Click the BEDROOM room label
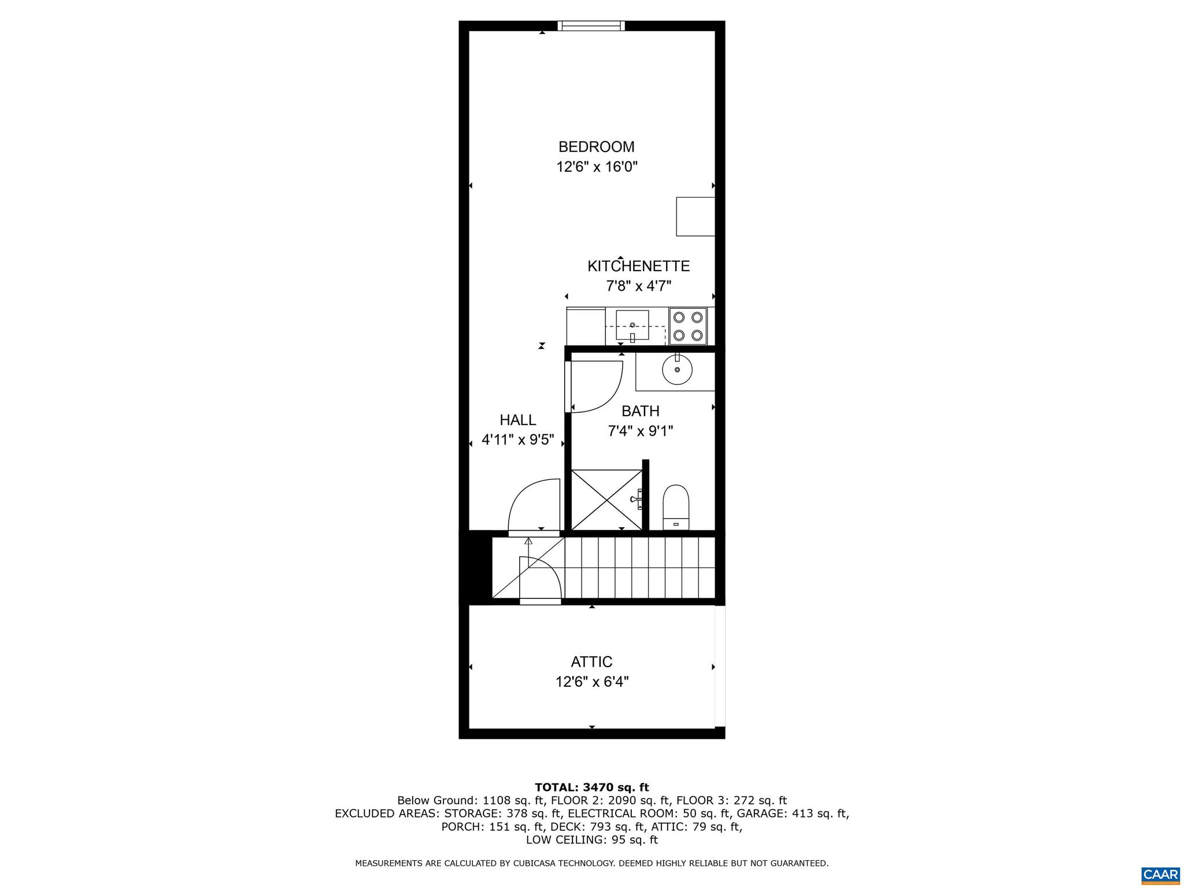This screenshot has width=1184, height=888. (596, 147)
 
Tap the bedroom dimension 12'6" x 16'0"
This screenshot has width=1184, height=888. (596, 167)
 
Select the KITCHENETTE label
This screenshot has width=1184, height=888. (638, 266)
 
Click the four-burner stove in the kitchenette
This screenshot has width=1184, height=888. (688, 326)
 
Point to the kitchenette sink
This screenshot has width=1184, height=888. (632, 325)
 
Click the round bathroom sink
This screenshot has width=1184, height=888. (677, 369)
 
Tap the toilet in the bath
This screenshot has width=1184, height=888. (676, 507)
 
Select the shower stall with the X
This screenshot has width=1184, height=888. (606, 499)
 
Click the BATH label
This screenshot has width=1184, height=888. (640, 411)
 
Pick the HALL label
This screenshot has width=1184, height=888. (517, 420)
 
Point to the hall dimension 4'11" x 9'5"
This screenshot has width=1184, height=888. (517, 440)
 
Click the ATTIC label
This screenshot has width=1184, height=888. (591, 661)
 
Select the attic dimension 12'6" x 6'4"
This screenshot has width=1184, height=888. (591, 682)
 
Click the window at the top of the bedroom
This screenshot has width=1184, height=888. (591, 25)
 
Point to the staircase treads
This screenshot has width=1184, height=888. (640, 568)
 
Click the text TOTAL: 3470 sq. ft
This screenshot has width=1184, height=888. (591, 787)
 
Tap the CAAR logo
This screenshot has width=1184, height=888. (1160, 874)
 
